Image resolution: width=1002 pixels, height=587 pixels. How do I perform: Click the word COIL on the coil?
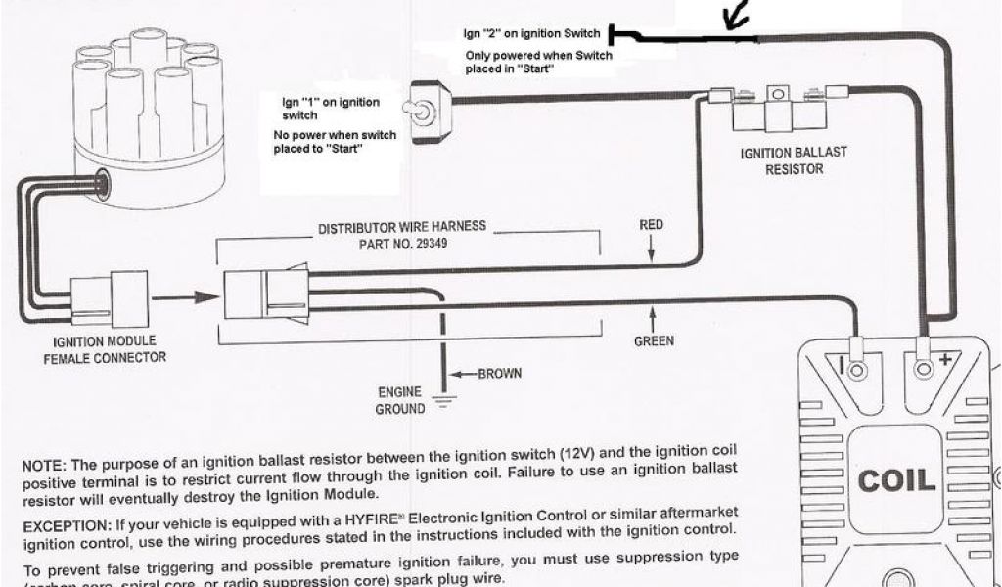click(896, 480)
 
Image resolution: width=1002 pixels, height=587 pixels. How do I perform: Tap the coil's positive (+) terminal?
click(923, 369)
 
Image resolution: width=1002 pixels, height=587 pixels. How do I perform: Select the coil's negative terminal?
click(857, 370)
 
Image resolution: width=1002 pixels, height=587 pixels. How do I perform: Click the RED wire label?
click(651, 225)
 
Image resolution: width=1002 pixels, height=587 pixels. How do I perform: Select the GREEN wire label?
click(653, 341)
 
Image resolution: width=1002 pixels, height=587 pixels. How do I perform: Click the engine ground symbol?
click(445, 398)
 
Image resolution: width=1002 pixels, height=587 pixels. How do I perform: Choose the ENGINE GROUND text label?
click(400, 400)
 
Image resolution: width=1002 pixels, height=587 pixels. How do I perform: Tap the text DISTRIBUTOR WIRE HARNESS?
click(401, 227)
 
